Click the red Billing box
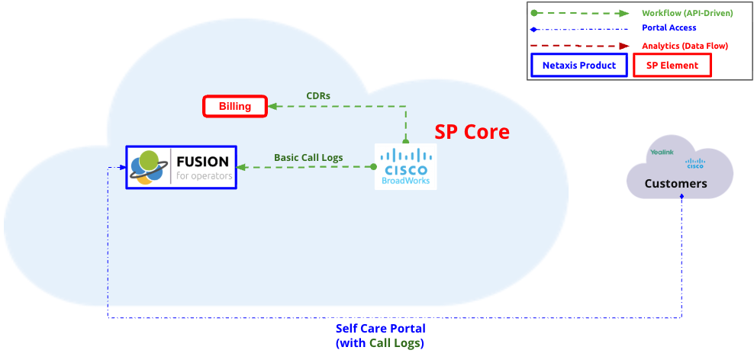[235, 106]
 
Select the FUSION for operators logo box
[182, 167]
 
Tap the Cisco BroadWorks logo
[406, 167]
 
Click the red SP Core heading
[472, 131]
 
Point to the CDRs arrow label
[317, 95]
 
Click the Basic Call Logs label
[308, 158]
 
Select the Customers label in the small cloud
[675, 184]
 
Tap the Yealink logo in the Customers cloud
[661, 153]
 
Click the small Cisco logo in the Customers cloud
[694, 162]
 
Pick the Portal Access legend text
[669, 28]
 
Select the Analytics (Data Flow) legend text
[685, 46]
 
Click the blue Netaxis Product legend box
[578, 66]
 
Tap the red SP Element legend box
[672, 66]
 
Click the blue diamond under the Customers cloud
[681, 197]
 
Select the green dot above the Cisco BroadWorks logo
[406, 142]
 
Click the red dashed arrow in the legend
[580, 46]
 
